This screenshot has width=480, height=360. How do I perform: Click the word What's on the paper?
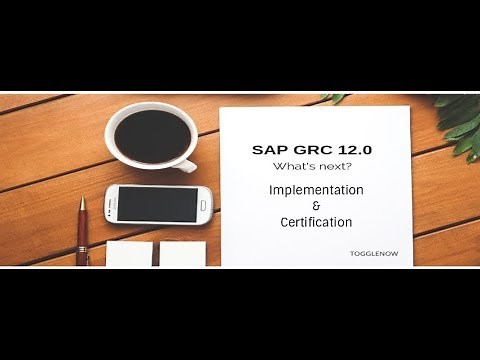[x=293, y=167]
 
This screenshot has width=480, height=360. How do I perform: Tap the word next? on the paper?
[x=331, y=167]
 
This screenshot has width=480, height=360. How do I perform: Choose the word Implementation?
[x=315, y=189]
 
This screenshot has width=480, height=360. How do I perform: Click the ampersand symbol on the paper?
[x=315, y=206]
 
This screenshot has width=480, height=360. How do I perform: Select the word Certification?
[x=315, y=221]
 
